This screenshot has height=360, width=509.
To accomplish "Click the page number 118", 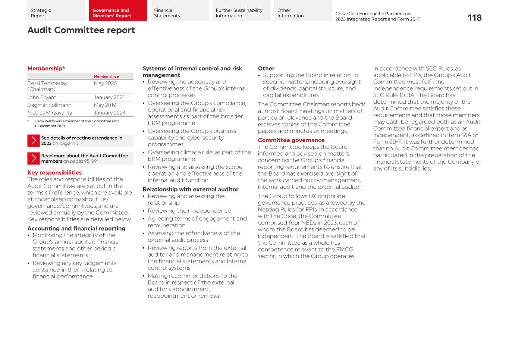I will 474,18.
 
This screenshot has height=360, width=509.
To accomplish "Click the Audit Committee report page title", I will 81,30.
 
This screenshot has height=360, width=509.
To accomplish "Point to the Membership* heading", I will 46,68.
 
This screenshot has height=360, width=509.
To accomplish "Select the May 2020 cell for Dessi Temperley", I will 105,84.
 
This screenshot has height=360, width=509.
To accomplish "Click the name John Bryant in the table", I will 42,97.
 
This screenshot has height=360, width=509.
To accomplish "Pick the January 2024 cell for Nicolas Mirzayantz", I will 110,113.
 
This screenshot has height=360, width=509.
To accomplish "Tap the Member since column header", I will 106,76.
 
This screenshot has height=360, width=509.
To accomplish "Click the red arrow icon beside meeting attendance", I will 34,141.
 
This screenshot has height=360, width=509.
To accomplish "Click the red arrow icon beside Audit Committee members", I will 34,159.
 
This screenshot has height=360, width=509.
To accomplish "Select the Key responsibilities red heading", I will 54,173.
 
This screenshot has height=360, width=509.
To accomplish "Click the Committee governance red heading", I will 291,140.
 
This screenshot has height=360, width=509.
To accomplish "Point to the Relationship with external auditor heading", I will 190,190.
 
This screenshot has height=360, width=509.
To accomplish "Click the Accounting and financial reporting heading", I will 76,229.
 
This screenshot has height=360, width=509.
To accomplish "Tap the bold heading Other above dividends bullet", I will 266,69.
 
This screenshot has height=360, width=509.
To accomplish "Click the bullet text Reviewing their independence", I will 189,211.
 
